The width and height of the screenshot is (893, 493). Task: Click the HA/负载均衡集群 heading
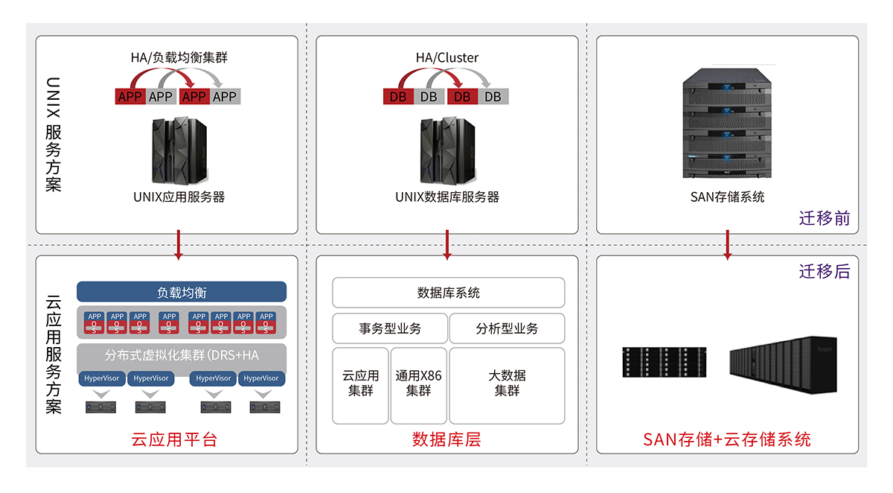click(x=179, y=57)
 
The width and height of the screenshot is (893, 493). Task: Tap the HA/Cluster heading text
click(x=446, y=57)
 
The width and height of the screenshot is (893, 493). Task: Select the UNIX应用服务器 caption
click(x=179, y=197)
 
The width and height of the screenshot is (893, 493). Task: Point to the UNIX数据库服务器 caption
click(x=446, y=197)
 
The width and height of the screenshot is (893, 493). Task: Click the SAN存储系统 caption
click(x=727, y=197)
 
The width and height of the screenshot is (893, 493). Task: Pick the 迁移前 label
click(x=824, y=219)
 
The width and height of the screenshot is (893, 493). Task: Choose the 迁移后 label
click(x=824, y=271)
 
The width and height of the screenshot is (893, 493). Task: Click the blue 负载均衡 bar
click(x=182, y=292)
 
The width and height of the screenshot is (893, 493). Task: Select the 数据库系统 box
click(x=448, y=293)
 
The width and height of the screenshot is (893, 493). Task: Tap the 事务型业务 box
click(x=389, y=328)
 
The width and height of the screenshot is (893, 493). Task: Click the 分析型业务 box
click(x=507, y=328)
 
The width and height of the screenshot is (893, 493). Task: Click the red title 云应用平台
click(x=173, y=439)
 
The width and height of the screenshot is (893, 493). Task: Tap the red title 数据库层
click(x=446, y=439)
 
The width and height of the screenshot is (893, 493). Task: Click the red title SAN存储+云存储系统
click(x=726, y=439)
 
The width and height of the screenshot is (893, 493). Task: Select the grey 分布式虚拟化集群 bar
click(x=182, y=355)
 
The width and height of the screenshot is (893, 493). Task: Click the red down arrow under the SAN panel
click(x=728, y=246)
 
